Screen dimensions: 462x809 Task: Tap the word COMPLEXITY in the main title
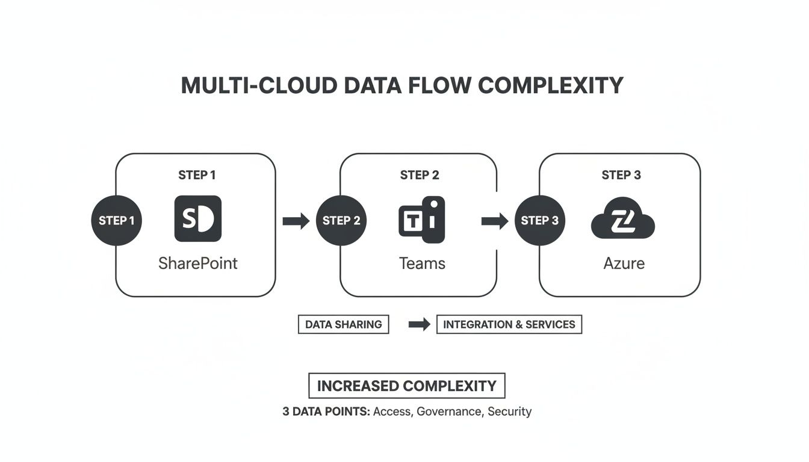point(550,85)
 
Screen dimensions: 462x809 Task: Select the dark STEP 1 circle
point(117,221)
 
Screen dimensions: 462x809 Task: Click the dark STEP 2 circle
point(341,221)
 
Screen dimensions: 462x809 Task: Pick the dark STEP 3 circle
point(539,221)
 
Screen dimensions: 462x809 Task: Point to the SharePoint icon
point(197,219)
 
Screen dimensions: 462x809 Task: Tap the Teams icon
point(422,220)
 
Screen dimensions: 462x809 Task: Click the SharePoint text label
point(197,263)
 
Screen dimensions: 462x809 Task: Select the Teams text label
point(422,263)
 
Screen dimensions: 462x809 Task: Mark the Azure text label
point(624,263)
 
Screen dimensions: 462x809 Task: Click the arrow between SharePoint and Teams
point(296,221)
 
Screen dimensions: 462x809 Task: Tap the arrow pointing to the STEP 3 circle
point(495,221)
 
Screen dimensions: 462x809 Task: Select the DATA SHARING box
point(343,324)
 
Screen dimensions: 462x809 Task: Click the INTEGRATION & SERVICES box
point(509,324)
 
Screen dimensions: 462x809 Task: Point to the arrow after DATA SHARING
point(419,324)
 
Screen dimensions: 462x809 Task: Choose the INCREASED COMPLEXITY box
point(406,386)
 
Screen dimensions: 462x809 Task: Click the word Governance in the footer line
point(450,412)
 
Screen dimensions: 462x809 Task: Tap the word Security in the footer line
point(510,412)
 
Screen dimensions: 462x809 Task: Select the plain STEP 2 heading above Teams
point(420,175)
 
